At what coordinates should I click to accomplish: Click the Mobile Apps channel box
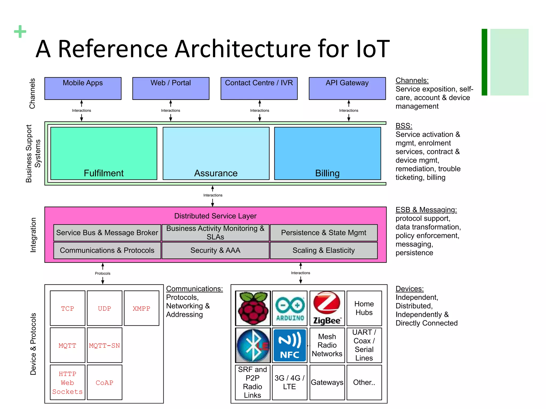[x=83, y=88]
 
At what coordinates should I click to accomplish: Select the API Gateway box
[x=347, y=88]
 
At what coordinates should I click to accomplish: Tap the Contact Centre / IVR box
[x=259, y=88]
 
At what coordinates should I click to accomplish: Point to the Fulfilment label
[x=103, y=173]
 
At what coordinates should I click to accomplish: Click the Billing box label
[x=327, y=173]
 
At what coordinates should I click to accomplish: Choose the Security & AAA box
[x=215, y=250]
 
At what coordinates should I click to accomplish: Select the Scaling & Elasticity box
[x=324, y=250]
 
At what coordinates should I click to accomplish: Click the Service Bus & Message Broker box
[x=107, y=233]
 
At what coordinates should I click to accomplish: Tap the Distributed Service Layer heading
[x=215, y=216]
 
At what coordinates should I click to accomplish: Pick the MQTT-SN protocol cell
[x=105, y=345]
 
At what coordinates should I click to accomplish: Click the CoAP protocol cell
[x=105, y=382]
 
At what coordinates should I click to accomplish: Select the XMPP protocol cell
[x=142, y=308]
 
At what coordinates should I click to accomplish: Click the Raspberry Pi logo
[x=253, y=308]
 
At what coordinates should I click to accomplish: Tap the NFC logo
[x=290, y=345]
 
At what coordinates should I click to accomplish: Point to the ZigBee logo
[x=327, y=308]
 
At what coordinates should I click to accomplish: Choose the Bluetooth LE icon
[x=253, y=345]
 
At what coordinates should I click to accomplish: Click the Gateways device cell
[x=327, y=382]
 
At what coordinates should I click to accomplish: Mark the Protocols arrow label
[x=103, y=273]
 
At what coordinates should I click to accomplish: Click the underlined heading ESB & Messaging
[x=426, y=210]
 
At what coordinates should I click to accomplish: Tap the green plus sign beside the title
[x=20, y=31]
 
